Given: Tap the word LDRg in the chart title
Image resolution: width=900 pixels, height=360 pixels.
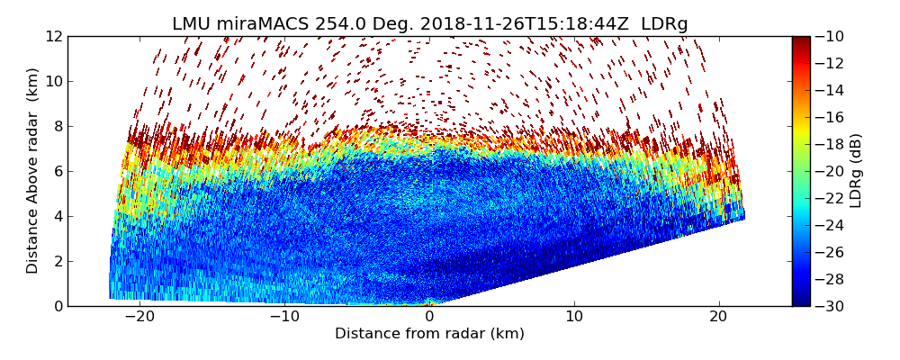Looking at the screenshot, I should (664, 24).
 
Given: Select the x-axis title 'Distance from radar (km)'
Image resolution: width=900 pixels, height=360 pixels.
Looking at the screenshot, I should (429, 334).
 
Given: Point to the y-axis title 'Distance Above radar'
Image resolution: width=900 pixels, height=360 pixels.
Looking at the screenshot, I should (33, 170).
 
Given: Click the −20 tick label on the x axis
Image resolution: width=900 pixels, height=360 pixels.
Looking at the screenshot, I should (139, 317).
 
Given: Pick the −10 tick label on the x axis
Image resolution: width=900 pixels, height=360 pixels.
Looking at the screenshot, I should (283, 317).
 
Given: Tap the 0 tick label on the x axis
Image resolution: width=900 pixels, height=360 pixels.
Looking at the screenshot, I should (429, 317).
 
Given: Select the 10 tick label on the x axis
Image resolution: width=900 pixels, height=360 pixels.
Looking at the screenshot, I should (574, 317).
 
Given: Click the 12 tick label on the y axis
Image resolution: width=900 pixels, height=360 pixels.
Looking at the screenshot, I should (53, 36).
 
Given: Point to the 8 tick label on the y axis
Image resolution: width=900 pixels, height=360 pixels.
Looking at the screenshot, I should (57, 126).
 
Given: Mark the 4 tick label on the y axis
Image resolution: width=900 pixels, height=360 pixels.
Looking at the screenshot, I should (57, 216).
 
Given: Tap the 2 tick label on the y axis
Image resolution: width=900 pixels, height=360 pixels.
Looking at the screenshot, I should (57, 261).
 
